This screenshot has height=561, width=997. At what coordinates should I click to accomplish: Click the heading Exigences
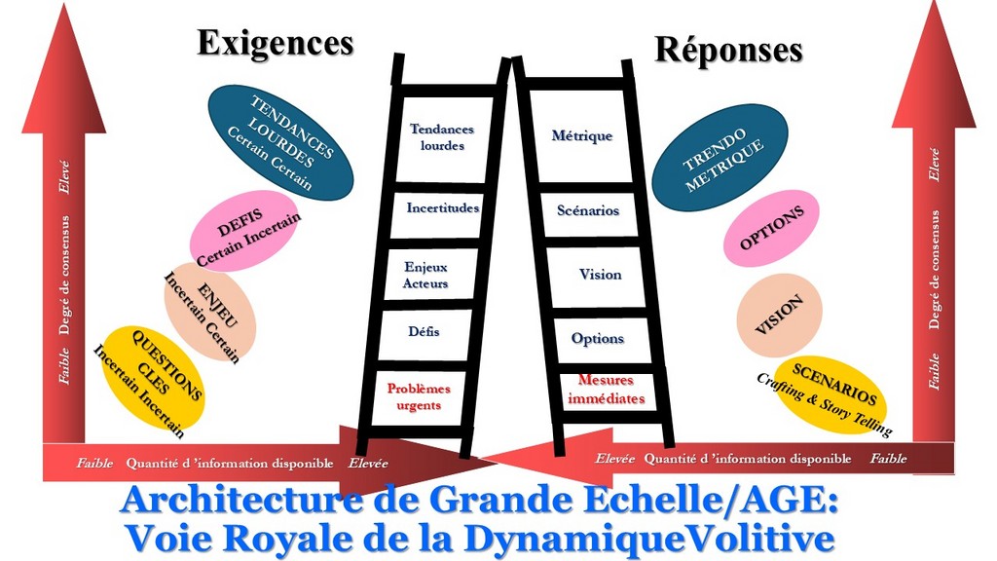point(275,43)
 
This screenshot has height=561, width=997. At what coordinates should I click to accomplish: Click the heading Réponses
point(728,50)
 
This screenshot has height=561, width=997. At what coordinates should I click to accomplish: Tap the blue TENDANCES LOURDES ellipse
point(281,142)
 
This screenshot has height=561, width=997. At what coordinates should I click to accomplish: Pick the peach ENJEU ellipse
point(209,310)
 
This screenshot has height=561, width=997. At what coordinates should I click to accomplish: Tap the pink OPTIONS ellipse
point(771,228)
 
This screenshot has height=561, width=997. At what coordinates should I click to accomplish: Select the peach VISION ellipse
point(779,315)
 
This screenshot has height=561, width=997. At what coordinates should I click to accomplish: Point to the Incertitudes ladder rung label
point(442,208)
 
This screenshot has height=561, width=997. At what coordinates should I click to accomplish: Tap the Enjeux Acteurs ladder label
point(425,275)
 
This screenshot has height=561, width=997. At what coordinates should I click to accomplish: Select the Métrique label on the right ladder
point(582,136)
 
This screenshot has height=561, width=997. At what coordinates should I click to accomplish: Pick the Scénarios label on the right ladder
point(588,210)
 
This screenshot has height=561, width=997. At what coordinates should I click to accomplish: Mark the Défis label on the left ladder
point(424,332)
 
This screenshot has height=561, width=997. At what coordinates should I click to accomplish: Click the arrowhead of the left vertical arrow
point(63,73)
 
